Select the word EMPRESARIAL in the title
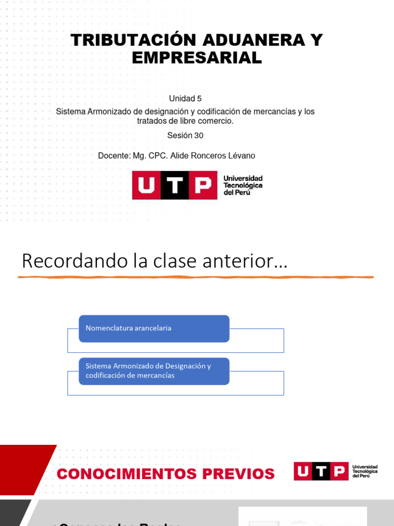pyautogui.click(x=197, y=58)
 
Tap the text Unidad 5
pyautogui.click(x=185, y=98)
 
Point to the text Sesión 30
pyautogui.click(x=185, y=136)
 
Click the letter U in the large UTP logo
pyautogui.click(x=146, y=185)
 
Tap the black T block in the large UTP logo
pyautogui.click(x=175, y=185)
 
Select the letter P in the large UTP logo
pyautogui.click(x=203, y=185)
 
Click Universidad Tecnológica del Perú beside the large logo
pyautogui.click(x=243, y=185)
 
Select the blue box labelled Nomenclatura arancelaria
pyautogui.click(x=154, y=328)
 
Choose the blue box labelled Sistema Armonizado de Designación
pyautogui.click(x=154, y=371)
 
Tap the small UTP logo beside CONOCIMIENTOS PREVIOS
pyautogui.click(x=321, y=471)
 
